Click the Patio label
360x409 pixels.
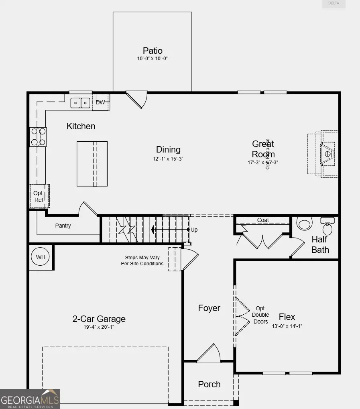point(153,51)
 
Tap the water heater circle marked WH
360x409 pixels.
point(41,257)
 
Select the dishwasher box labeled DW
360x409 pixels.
point(100,103)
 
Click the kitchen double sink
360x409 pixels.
point(81,103)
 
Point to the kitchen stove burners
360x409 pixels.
point(38,136)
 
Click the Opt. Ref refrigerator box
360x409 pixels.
point(39,196)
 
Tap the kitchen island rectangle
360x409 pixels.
point(92,164)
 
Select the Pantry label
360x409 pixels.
point(63,226)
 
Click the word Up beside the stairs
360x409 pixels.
point(194,230)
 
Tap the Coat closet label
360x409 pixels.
point(263,220)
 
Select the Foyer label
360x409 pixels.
point(209,308)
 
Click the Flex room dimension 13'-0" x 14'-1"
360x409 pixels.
point(287,326)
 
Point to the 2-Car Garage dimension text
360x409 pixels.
point(99,327)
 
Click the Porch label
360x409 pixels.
point(209,384)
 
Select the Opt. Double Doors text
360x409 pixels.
point(260,315)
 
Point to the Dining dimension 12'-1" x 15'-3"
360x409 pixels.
point(168,159)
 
